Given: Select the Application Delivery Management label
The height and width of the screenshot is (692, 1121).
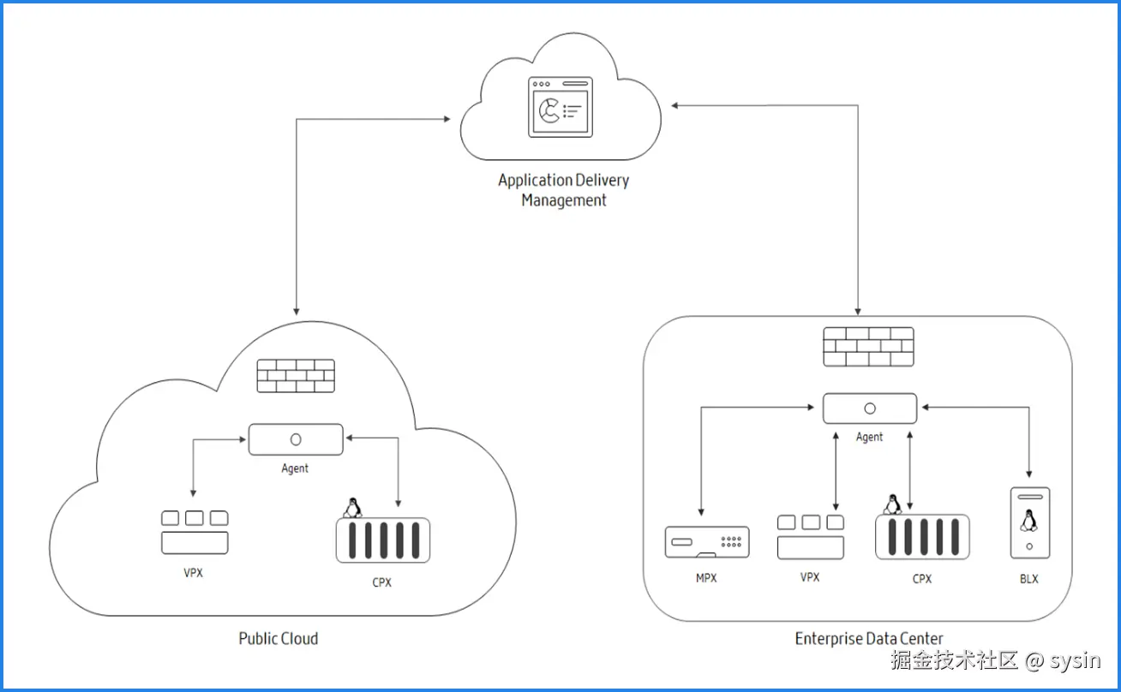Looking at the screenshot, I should click(564, 190).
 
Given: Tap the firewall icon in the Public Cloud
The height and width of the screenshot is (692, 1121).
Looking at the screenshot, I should click(296, 375).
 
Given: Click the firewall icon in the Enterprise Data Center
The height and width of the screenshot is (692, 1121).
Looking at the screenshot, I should click(868, 346).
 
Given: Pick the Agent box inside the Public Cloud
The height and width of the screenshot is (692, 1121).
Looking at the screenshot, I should click(296, 439).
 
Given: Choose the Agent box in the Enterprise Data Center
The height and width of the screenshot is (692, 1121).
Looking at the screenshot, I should click(869, 409).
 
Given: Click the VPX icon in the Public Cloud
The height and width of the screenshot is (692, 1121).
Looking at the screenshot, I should click(195, 532).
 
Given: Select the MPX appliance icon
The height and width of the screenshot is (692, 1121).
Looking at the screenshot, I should click(707, 542).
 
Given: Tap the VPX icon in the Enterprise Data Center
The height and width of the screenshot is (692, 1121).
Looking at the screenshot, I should click(810, 537).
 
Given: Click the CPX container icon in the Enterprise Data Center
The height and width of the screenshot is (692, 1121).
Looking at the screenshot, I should click(921, 537).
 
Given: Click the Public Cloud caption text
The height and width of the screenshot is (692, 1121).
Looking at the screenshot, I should click(278, 638).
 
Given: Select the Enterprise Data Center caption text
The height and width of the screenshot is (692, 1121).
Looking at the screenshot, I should click(868, 638).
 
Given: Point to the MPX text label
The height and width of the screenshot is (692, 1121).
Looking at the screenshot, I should click(706, 578).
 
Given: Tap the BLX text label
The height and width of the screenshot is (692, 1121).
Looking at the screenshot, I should click(1029, 579).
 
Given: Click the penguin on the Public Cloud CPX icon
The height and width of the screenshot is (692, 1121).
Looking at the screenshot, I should click(351, 507).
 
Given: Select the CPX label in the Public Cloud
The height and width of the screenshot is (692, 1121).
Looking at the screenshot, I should click(381, 582).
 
